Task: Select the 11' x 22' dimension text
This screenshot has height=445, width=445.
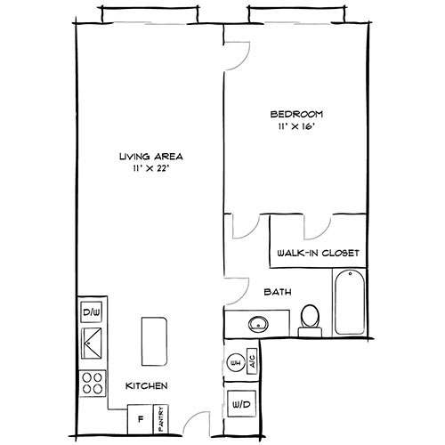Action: pos(145,169)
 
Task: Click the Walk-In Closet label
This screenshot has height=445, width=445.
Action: pos(319,253)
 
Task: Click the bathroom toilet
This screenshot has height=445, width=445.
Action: pos(310,317)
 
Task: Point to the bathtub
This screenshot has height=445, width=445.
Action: pos(349,303)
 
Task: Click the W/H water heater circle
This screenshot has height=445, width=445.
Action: pos(236,363)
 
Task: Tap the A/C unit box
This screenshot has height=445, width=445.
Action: pos(252,363)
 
